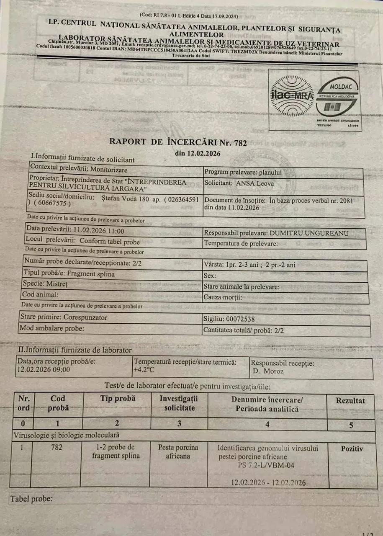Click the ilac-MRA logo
click(x=292, y=96)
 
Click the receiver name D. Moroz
click(x=268, y=371)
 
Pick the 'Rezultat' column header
click(x=350, y=401)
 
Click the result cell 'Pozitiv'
click(x=352, y=448)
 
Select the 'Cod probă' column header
click(x=58, y=403)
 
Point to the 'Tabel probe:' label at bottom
click(x=31, y=499)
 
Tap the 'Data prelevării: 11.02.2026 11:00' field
click(x=75, y=230)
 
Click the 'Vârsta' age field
click(x=249, y=265)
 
